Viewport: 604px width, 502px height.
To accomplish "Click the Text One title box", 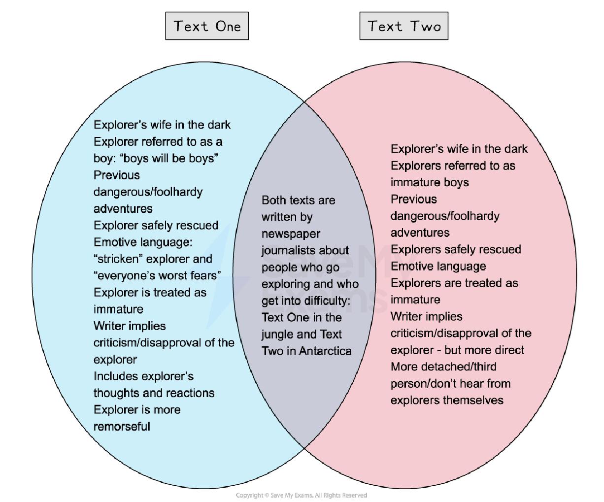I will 207,26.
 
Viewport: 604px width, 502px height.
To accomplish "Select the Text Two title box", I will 404,26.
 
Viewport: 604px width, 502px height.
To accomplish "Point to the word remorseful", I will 122,427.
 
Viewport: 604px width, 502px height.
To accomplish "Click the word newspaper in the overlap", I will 291,234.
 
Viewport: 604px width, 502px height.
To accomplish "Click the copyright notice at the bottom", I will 302,495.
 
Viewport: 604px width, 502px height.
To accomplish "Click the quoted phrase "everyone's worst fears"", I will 157,276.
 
